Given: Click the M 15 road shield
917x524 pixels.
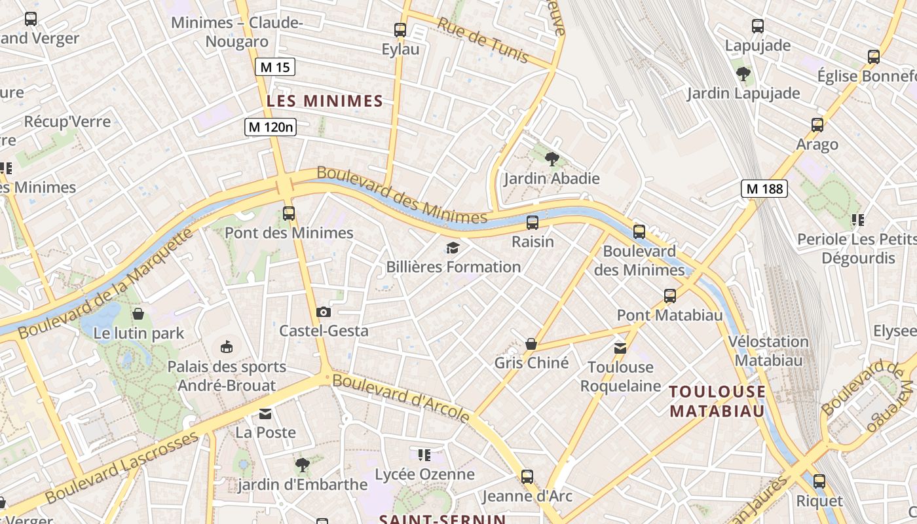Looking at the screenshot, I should coord(274,67).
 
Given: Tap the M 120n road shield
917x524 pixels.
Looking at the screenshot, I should coord(271,127).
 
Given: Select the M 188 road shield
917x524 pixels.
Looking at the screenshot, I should coord(764,189).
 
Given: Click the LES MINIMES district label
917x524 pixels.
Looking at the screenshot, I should coord(324,101).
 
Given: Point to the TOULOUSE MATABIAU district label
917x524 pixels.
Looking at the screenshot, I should coord(717,402).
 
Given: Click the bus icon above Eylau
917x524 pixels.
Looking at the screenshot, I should coord(400,29).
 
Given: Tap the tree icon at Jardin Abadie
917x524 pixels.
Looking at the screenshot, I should coord(552,159).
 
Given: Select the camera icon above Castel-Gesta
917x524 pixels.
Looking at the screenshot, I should coord(323,312).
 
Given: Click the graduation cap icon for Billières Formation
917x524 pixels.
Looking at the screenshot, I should coord(453,248).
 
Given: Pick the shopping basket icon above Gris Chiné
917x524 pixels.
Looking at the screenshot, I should coord(531,344).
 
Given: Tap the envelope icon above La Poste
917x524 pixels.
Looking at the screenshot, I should coord(265,413).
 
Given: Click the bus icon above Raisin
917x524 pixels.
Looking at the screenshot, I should coord(533,222).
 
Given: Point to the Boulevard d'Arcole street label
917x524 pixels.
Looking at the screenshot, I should coord(401,397).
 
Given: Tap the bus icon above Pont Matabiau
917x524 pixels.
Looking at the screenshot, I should coord(669,296).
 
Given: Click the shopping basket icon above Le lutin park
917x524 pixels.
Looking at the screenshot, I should coord(138,314).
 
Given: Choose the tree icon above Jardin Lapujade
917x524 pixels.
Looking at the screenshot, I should coord(743,73).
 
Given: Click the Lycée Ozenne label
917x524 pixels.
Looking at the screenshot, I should coord(424,474).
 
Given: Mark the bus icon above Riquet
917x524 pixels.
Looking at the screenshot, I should coord(819,481).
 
